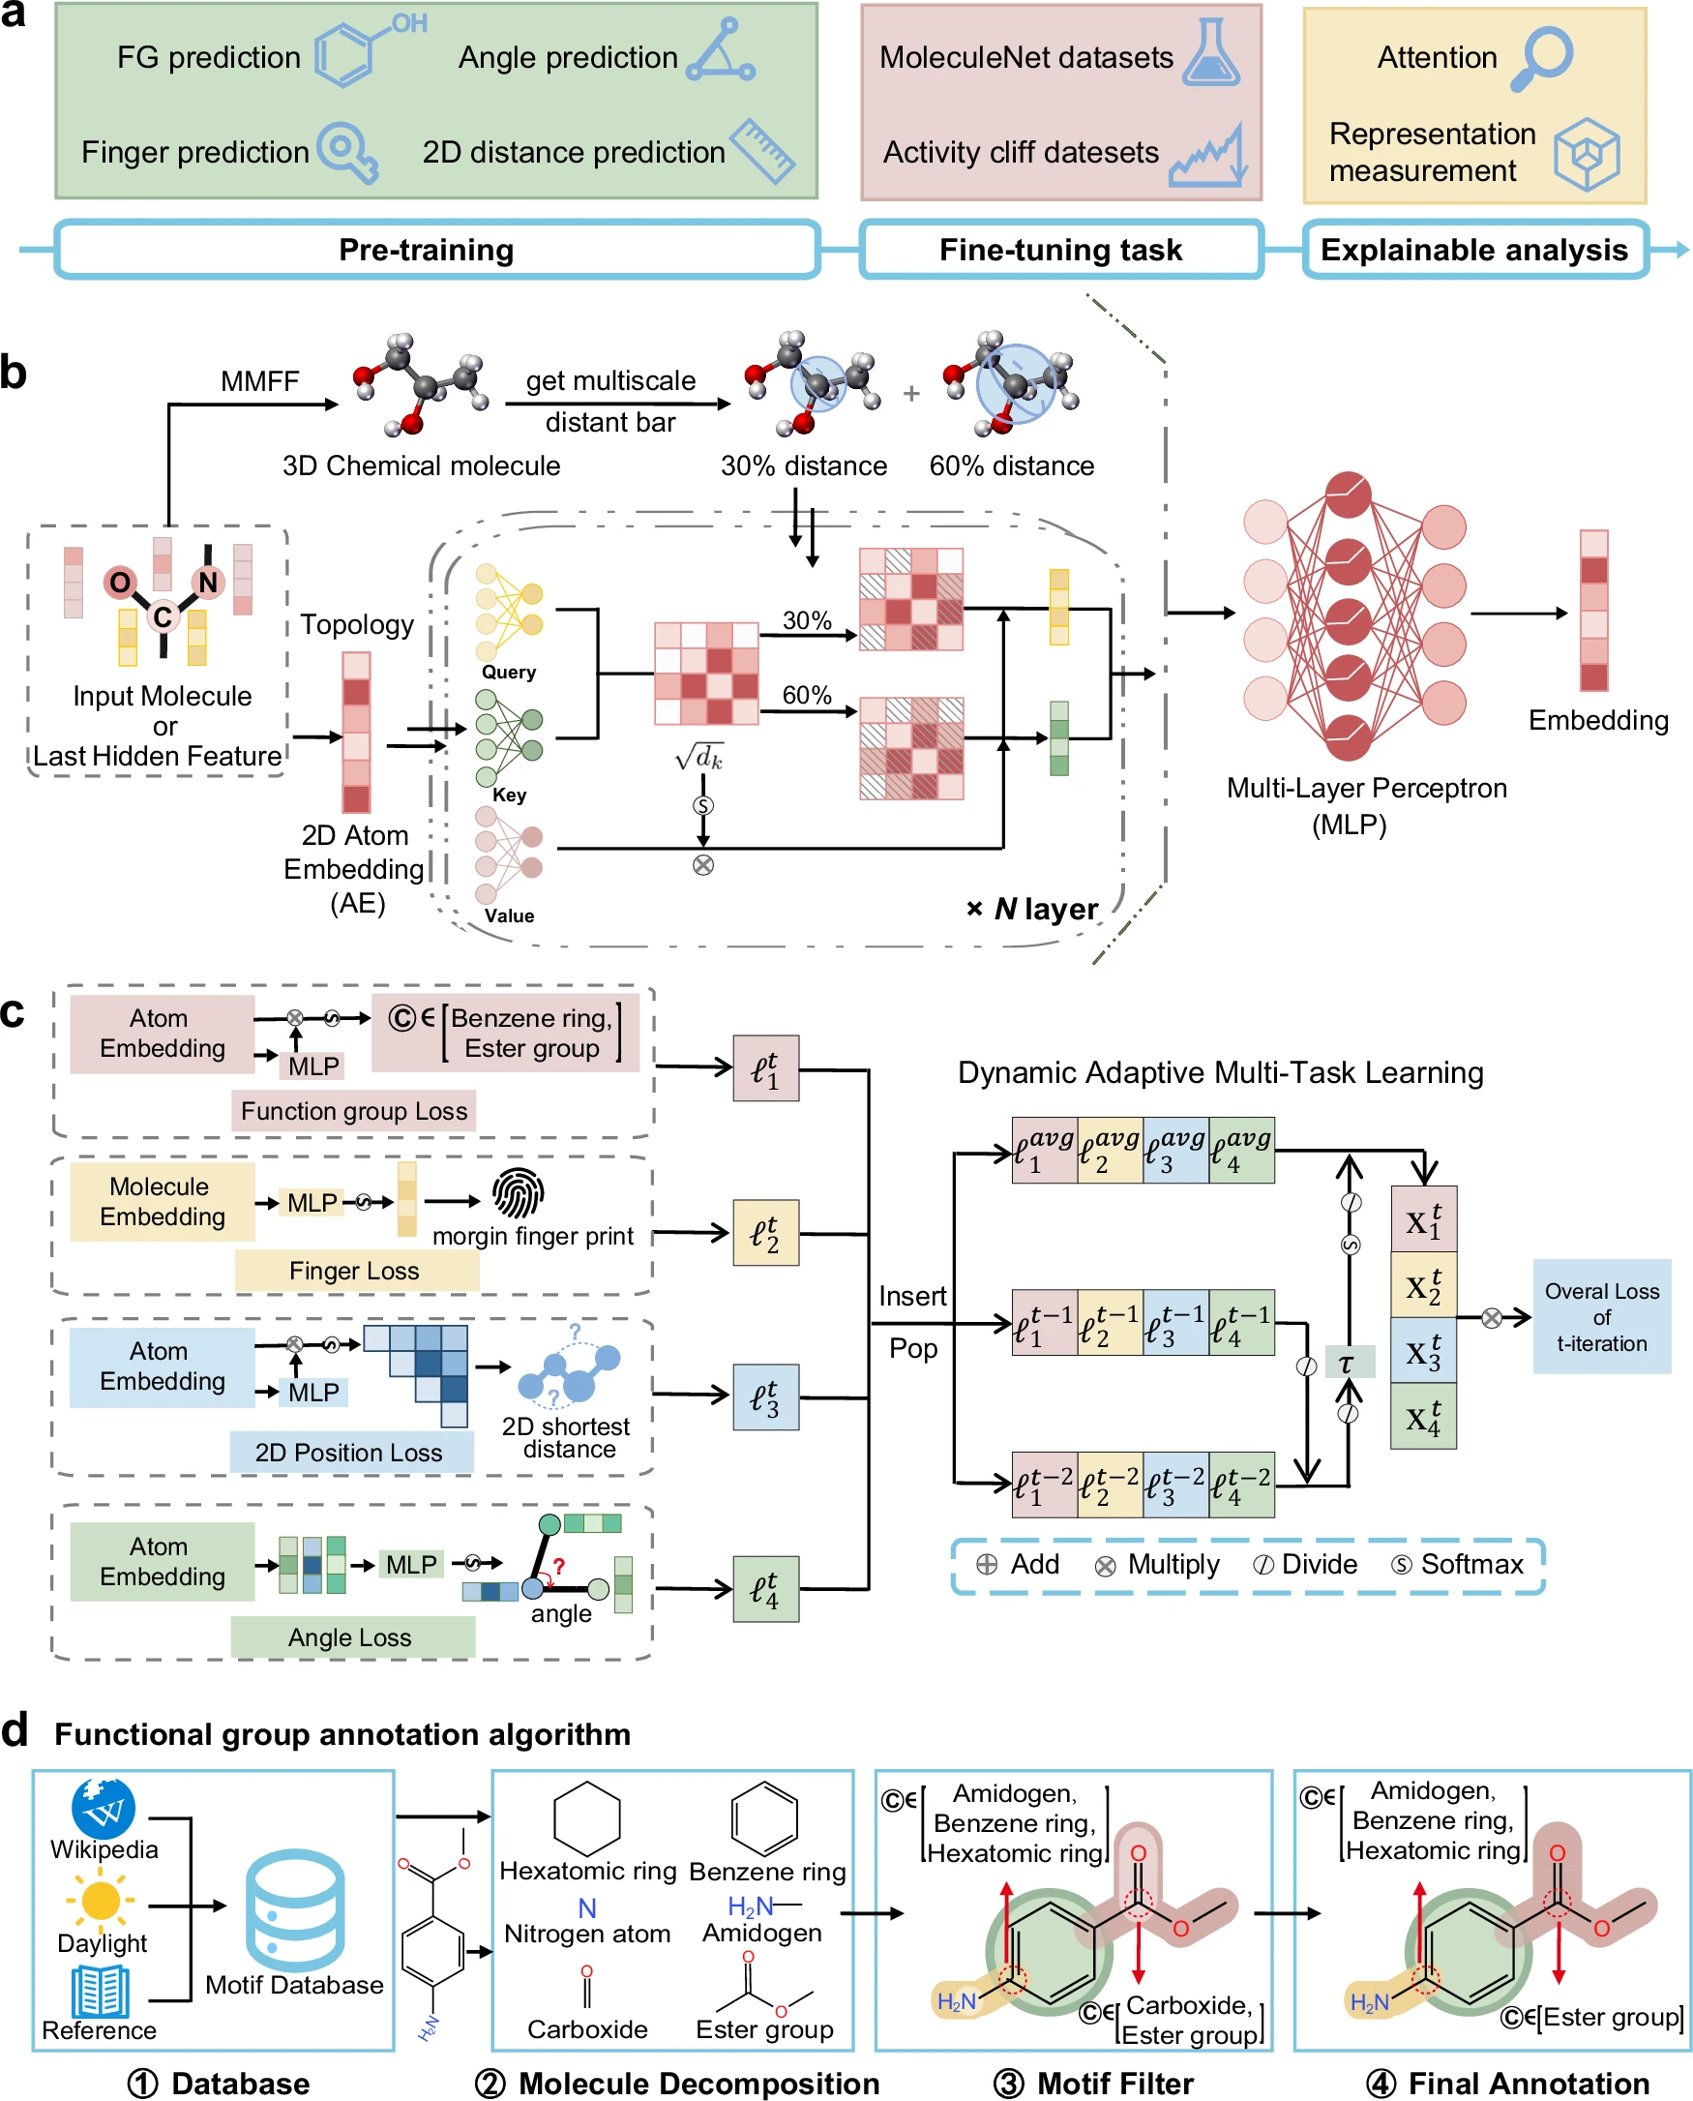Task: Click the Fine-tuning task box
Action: tap(1061, 250)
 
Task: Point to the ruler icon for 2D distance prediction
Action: tap(763, 151)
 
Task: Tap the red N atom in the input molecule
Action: tap(208, 583)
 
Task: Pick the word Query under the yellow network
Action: tap(508, 672)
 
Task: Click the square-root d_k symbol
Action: tap(699, 758)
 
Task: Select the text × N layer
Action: tap(1032, 909)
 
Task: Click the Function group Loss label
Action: tap(354, 1111)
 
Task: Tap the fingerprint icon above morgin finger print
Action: tap(518, 1193)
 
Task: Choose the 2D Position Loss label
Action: tap(349, 1453)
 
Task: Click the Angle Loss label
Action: tap(350, 1636)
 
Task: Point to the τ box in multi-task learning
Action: tap(1349, 1363)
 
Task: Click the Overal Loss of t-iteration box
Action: tap(1601, 1317)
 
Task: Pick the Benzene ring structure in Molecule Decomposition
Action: tap(763, 1819)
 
